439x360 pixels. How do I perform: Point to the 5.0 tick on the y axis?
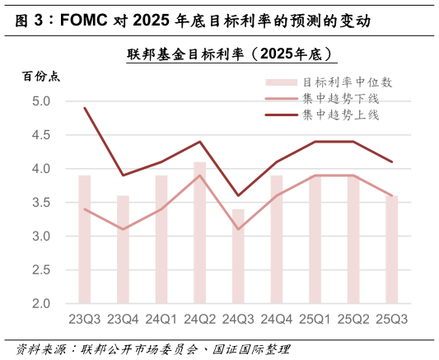(41, 101)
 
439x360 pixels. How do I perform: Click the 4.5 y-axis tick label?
(41, 135)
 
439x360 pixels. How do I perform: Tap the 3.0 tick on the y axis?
(41, 236)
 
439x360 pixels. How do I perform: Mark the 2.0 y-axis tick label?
(41, 303)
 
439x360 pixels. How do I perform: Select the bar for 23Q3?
(85, 239)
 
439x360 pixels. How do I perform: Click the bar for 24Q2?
(200, 232)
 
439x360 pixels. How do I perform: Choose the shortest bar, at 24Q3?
(238, 256)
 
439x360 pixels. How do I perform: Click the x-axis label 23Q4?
(123, 319)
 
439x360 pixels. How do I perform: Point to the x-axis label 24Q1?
(161, 319)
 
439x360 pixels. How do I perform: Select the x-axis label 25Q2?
(353, 319)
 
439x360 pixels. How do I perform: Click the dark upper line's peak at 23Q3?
(85, 108)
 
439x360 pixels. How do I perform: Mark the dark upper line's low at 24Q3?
(238, 195)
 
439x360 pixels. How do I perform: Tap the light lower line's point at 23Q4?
(123, 229)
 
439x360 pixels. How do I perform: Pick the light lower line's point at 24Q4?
(277, 195)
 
